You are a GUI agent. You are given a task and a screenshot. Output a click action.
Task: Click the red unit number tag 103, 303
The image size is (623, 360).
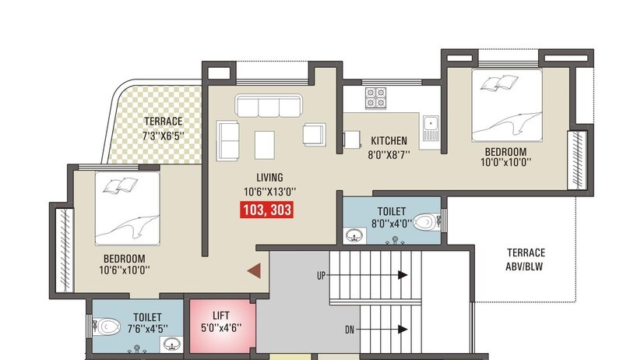tap(266, 210)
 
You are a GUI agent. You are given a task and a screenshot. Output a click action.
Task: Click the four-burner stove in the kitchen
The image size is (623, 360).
tap(376, 97)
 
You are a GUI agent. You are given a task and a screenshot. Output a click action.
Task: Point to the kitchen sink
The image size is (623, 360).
tap(430, 122)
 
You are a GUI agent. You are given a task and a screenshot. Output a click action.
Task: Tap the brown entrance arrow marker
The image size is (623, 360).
tap(253, 270)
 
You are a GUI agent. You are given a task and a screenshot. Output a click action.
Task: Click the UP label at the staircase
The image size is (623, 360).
tap(321, 276)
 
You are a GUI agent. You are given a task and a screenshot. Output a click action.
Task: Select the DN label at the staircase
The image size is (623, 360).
tap(350, 330)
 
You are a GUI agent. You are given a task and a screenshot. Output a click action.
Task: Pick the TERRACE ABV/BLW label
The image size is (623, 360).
tap(526, 259)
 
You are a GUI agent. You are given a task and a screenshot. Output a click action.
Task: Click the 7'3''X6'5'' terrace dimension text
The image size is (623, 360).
tap(163, 136)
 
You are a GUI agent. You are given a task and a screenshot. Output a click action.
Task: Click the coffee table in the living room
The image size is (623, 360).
tap(265, 141)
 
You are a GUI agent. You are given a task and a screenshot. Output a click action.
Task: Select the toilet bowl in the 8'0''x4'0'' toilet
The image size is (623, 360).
tap(424, 223)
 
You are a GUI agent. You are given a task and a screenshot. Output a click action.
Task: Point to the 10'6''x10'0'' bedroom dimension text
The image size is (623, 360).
tap(125, 270)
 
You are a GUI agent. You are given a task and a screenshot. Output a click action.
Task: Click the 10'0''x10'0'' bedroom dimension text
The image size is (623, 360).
tap(505, 164)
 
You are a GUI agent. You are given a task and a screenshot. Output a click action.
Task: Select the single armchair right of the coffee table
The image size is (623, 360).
tap(314, 135)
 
